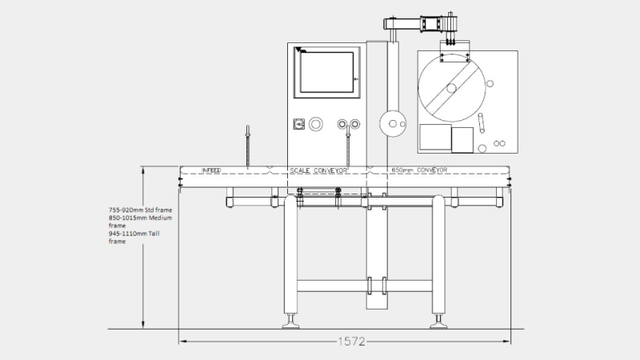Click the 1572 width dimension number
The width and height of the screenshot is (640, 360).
(351, 342)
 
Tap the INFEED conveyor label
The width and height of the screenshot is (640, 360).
(211, 170)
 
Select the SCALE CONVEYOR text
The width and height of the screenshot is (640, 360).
(318, 170)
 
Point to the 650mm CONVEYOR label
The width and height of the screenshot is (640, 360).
(419, 170)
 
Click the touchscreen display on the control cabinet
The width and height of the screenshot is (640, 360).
(327, 72)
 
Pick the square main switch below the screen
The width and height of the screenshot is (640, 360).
(298, 124)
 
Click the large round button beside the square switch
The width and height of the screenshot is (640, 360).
(315, 124)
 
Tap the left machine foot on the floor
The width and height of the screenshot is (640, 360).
(290, 322)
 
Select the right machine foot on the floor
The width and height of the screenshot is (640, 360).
(438, 322)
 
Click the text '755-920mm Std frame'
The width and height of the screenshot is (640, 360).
(140, 210)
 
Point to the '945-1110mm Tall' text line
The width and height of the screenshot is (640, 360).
(134, 234)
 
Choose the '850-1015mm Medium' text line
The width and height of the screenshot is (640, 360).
(140, 218)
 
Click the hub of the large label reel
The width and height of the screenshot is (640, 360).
(451, 88)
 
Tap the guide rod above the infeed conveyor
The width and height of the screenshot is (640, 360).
(247, 146)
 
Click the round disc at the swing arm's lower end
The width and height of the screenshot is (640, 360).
(393, 124)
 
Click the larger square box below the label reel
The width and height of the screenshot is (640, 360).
(435, 137)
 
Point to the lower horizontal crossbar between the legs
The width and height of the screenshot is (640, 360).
(365, 286)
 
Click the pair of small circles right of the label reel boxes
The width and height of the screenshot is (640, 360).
(499, 144)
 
